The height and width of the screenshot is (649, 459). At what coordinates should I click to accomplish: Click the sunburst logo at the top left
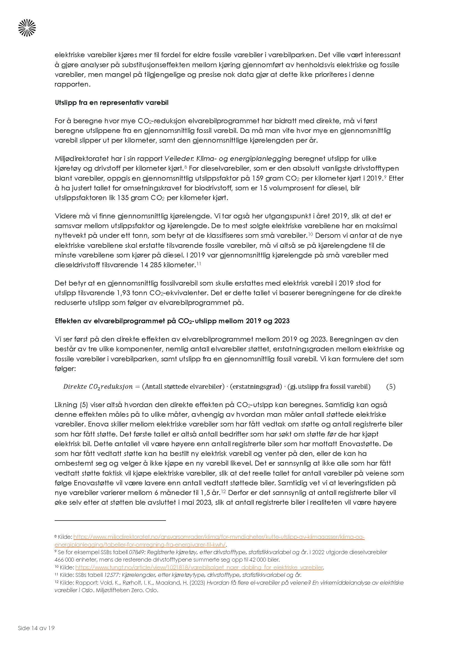click(x=27, y=28)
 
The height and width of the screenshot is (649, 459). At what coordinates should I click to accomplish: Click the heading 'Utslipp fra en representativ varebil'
click(x=112, y=103)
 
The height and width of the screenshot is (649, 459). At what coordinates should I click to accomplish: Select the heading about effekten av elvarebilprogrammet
click(x=172, y=321)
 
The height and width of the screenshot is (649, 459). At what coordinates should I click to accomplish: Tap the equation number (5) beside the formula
click(x=391, y=387)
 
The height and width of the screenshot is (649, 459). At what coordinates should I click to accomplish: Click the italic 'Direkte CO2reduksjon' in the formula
click(x=98, y=387)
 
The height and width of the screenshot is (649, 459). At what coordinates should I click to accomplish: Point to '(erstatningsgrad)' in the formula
click(x=256, y=387)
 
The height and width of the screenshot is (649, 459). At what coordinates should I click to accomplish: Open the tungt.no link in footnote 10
click(x=199, y=567)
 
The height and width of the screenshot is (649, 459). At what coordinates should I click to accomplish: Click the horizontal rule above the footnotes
click(x=110, y=520)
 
